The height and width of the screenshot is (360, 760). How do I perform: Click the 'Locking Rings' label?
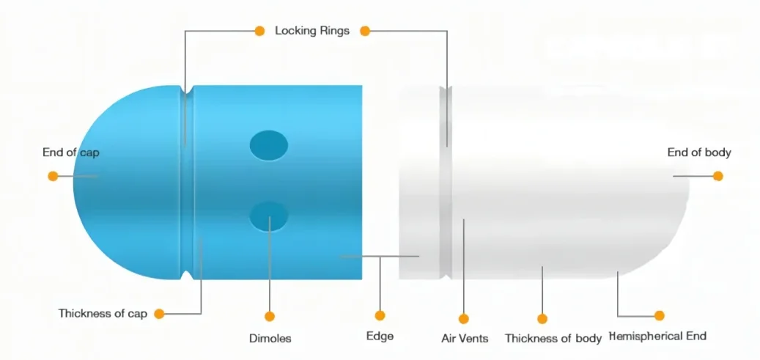(311, 32)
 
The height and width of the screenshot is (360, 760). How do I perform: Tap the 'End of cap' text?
(71, 153)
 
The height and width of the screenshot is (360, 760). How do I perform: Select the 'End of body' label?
(698, 153)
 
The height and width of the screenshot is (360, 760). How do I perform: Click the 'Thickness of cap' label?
(103, 314)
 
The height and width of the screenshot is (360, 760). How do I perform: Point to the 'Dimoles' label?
(270, 339)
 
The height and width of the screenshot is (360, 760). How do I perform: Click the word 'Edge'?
(380, 337)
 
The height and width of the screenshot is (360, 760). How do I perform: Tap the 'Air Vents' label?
(463, 339)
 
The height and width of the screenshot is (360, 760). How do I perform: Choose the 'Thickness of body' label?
(553, 339)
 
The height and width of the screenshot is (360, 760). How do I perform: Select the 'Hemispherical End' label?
(657, 337)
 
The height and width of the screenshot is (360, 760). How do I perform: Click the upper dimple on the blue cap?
(269, 145)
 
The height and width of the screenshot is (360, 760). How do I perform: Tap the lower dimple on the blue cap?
(269, 216)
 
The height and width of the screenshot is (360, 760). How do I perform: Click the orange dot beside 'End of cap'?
(53, 176)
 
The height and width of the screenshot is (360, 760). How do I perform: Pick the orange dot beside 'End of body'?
(717, 176)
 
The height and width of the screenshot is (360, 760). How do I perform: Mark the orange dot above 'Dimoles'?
(270, 317)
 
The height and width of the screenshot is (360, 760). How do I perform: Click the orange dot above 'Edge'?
(380, 315)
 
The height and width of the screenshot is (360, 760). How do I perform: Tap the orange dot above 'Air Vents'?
(463, 318)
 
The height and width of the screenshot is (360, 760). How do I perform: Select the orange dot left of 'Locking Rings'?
(259, 32)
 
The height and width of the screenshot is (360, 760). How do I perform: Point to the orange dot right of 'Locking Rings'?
(365, 32)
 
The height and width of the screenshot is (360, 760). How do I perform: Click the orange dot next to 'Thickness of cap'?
(159, 314)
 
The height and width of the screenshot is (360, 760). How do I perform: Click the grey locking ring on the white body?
(444, 183)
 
